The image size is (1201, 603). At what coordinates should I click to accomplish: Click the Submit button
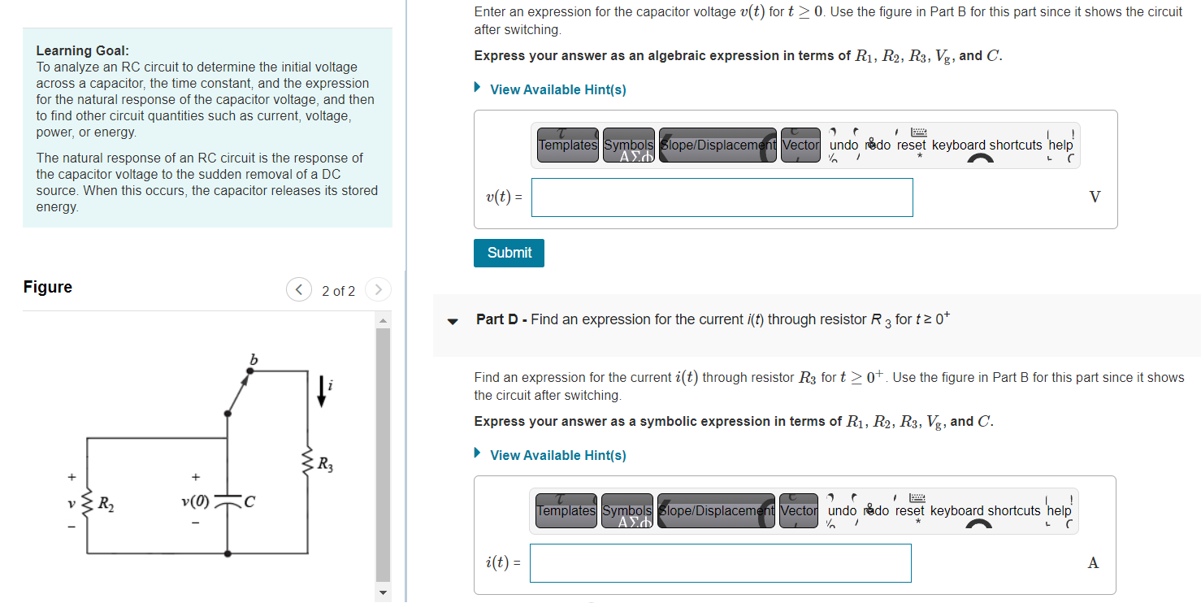509,253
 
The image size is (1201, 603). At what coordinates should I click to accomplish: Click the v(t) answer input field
722,197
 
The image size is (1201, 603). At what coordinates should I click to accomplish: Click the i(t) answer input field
720,563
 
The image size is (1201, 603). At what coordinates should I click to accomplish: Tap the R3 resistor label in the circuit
325,466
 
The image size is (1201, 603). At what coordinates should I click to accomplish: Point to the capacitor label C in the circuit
249,503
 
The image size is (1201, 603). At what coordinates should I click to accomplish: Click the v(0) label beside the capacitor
193,502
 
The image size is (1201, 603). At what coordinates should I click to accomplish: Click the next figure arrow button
378,290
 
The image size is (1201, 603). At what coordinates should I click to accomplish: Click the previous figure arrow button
299,290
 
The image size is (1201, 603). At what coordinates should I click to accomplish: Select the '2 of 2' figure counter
338,291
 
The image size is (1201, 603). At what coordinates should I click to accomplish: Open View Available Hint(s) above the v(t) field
557,89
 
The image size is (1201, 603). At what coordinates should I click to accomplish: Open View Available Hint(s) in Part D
557,455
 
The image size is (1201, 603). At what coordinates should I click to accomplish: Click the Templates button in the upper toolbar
567,145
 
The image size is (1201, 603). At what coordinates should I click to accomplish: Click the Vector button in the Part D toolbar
798,510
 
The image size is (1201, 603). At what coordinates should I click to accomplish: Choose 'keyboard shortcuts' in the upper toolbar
986,145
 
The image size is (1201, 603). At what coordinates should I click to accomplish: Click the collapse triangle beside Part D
453,320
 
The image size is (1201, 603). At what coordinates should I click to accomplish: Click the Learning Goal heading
82,50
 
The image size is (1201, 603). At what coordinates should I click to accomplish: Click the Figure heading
48,287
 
